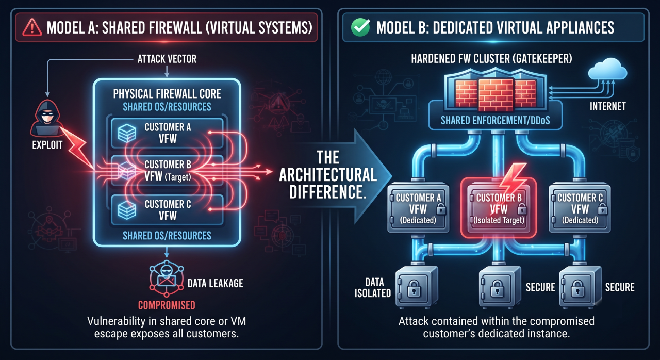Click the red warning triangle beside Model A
click(32, 27)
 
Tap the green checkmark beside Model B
click(360, 27)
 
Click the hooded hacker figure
click(47, 117)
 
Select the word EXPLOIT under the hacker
click(47, 145)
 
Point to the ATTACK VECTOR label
click(167, 59)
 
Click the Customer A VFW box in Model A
click(167, 133)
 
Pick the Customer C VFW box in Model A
click(167, 210)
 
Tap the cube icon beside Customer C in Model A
click(127, 210)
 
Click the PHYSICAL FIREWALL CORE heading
click(167, 94)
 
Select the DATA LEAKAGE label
click(216, 283)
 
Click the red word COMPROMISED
click(167, 305)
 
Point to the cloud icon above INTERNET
click(607, 69)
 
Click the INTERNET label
click(607, 106)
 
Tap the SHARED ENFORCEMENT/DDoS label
click(496, 121)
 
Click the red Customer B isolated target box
click(498, 208)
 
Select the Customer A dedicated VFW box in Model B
click(418, 208)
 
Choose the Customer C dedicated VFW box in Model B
click(580, 208)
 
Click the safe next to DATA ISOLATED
click(416, 287)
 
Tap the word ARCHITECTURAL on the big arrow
click(328, 175)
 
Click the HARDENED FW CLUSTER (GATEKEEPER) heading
click(491, 59)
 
